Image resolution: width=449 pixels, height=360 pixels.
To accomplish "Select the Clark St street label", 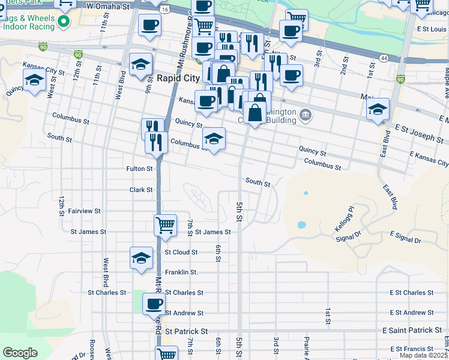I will coord(141,190).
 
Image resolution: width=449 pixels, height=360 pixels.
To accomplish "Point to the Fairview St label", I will coord(84,211).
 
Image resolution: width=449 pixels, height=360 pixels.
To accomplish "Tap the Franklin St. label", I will coord(181,272).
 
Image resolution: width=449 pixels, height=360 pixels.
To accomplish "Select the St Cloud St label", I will coord(181,253).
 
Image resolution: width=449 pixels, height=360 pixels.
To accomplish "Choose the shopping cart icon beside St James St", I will coord(165,225).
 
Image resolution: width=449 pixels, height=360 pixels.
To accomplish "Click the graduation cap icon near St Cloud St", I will coord(141,257).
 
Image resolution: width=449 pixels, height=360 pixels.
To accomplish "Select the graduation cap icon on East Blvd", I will coord(378,109).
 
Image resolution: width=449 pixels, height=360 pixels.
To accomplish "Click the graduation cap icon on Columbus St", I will coord(214,138).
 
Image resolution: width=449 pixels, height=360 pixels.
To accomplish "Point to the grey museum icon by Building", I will coord(306,114).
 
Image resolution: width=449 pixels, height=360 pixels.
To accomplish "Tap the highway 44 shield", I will coord(384,56).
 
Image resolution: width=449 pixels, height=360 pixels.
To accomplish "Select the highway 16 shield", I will coord(164,10).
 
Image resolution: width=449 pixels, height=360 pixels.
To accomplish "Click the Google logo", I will coord(20,353).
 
